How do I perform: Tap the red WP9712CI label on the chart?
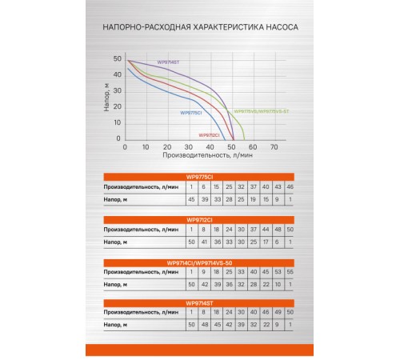209,134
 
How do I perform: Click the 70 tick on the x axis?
274,148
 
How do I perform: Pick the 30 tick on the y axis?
118,90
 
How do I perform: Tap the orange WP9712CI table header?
200,218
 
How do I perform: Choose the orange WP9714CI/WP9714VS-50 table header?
200,261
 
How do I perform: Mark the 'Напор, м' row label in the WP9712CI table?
122,241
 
